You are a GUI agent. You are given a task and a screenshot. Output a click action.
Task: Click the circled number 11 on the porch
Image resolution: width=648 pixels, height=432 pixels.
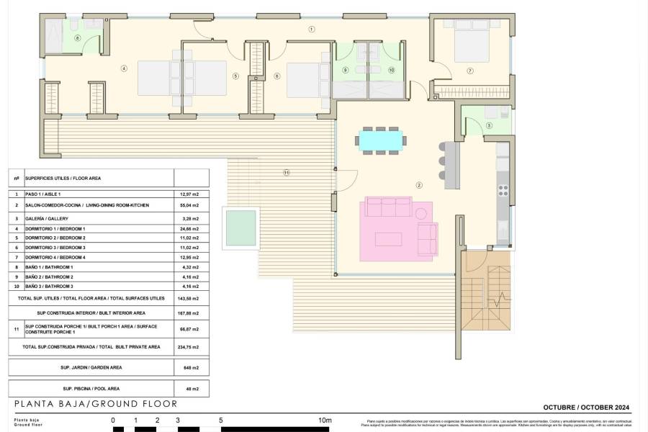click(286, 173)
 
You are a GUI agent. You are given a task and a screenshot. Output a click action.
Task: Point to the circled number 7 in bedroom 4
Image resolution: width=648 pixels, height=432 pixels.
click(469, 71)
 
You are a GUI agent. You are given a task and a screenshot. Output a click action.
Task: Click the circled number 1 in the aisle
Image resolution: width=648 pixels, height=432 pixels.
click(312, 30)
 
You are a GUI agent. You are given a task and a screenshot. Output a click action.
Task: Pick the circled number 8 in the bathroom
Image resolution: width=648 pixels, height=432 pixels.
click(77, 38)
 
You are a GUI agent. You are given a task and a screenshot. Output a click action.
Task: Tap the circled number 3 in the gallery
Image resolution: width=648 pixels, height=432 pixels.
click(489, 126)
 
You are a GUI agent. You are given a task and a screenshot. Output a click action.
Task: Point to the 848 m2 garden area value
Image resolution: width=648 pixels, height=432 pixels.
click(191, 367)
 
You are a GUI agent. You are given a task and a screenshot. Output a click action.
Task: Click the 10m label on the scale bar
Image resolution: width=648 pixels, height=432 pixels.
click(325, 420)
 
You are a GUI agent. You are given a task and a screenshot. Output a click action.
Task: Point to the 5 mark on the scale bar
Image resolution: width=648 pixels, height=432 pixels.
click(221, 420)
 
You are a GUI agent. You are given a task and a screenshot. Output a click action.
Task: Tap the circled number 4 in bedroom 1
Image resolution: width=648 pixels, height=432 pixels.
click(124, 69)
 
